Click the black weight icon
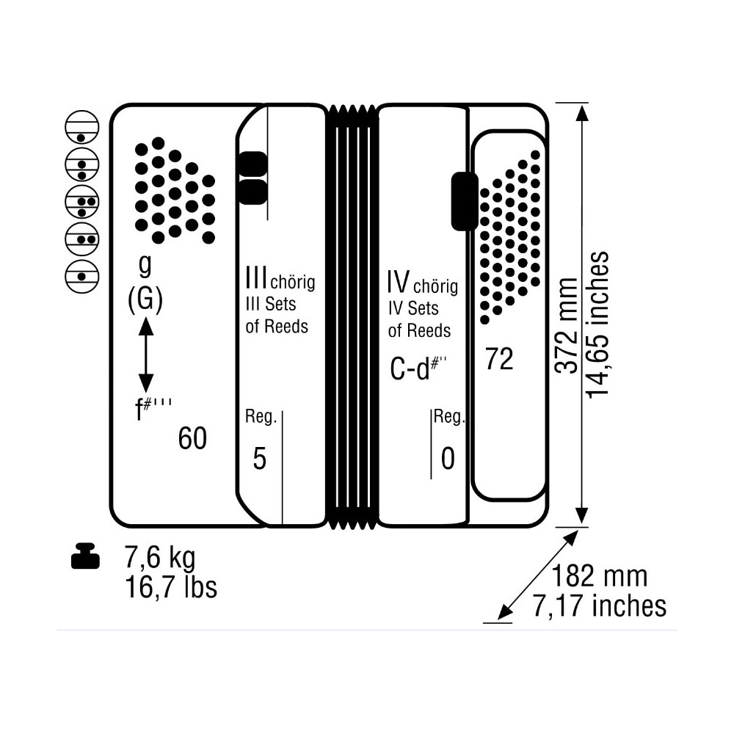tap(86, 556)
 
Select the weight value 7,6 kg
tap(160, 557)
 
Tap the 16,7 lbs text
tap(171, 587)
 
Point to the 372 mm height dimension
tap(567, 325)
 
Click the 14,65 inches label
tap(597, 325)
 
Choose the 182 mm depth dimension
tap(599, 575)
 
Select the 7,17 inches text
tap(599, 606)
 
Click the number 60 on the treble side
tap(192, 439)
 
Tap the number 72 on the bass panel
tap(499, 359)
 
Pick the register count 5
tap(259, 458)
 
